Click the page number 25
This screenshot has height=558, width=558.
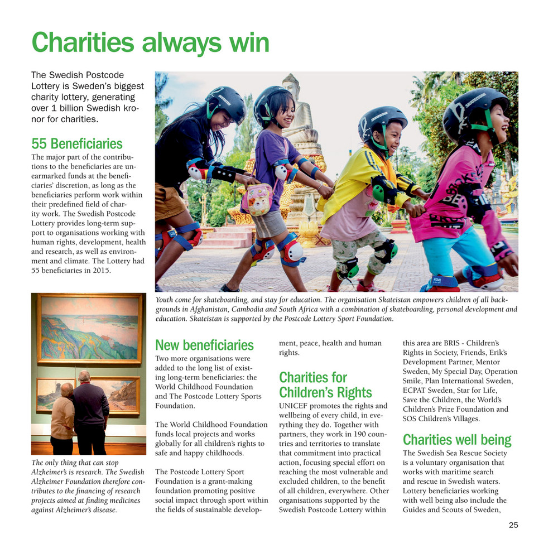click(x=513, y=525)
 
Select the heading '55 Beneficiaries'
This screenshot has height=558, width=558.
click(x=76, y=144)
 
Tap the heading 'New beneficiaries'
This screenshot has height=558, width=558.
click(x=204, y=345)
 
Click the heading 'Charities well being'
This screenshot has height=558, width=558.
click(x=456, y=440)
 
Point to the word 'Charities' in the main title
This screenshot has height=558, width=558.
click(x=82, y=42)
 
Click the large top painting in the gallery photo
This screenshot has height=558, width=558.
click(x=90, y=329)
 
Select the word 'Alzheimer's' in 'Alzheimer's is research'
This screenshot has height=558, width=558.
click(x=51, y=473)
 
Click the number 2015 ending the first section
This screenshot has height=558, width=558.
click(x=99, y=271)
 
